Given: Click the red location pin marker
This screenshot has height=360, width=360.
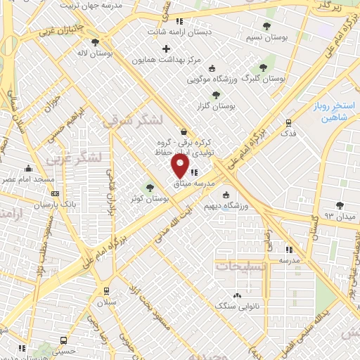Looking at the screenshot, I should click(181, 166).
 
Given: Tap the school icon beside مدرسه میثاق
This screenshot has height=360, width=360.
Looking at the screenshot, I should click(193, 172).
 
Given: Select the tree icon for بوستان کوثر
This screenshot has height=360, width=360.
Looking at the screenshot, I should click(149, 187).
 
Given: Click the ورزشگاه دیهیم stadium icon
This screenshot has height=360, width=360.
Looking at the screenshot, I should click(225, 195).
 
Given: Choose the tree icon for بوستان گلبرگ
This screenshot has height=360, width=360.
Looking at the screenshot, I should click(263, 67).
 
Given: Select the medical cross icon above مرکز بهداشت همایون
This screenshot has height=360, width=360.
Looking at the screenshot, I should click(166, 49).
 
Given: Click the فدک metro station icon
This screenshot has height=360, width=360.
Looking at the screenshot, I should click(288, 122).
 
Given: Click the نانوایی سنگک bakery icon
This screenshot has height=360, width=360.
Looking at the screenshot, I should click(237, 295).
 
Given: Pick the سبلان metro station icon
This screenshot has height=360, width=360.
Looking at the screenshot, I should click(106, 291).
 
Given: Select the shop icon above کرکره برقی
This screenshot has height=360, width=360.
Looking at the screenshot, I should click(184, 131).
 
